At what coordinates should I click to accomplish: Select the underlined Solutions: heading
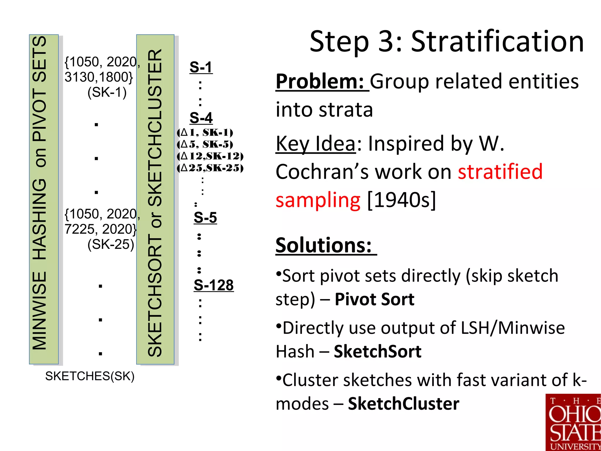[x=324, y=245]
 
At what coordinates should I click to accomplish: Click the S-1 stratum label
[x=201, y=67]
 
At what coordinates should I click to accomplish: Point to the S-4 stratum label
[x=201, y=118]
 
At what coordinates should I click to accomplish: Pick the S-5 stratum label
[x=205, y=218]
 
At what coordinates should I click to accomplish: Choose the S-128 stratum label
[x=214, y=285]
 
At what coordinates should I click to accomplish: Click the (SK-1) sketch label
[x=107, y=92]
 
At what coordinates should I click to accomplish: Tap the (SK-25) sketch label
[x=111, y=244]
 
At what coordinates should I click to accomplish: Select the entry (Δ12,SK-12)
[x=210, y=156]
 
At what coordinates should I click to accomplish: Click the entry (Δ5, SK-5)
[x=205, y=144]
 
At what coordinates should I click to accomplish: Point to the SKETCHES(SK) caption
[x=90, y=376]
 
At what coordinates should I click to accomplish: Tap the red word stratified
[x=500, y=172]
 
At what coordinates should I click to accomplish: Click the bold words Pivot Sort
[x=374, y=299]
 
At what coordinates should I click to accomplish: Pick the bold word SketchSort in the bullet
[x=378, y=351]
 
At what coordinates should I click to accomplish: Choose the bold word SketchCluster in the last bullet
[x=404, y=404]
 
